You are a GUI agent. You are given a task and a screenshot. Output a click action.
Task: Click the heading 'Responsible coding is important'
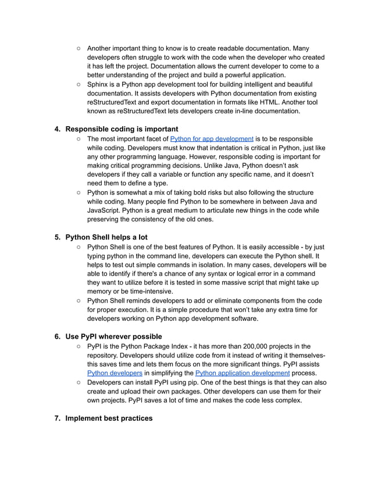click(x=122, y=128)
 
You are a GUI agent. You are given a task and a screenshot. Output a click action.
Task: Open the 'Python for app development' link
click(x=212, y=139)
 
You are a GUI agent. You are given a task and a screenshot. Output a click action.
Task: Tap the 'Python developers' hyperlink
click(x=115, y=372)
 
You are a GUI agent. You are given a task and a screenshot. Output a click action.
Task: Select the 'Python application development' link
click(x=242, y=372)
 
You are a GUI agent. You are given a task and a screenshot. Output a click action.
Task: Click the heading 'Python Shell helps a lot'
click(x=106, y=237)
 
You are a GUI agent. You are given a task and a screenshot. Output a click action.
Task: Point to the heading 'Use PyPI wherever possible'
click(x=113, y=336)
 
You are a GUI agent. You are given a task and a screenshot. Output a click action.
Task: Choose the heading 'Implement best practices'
click(x=109, y=418)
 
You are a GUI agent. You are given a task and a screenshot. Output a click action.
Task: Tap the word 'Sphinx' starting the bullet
click(x=99, y=84)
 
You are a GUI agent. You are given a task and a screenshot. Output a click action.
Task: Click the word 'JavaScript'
click(x=107, y=210)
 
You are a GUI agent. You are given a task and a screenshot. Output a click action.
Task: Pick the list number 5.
click(x=57, y=237)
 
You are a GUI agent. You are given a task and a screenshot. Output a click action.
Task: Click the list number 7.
click(x=57, y=418)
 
